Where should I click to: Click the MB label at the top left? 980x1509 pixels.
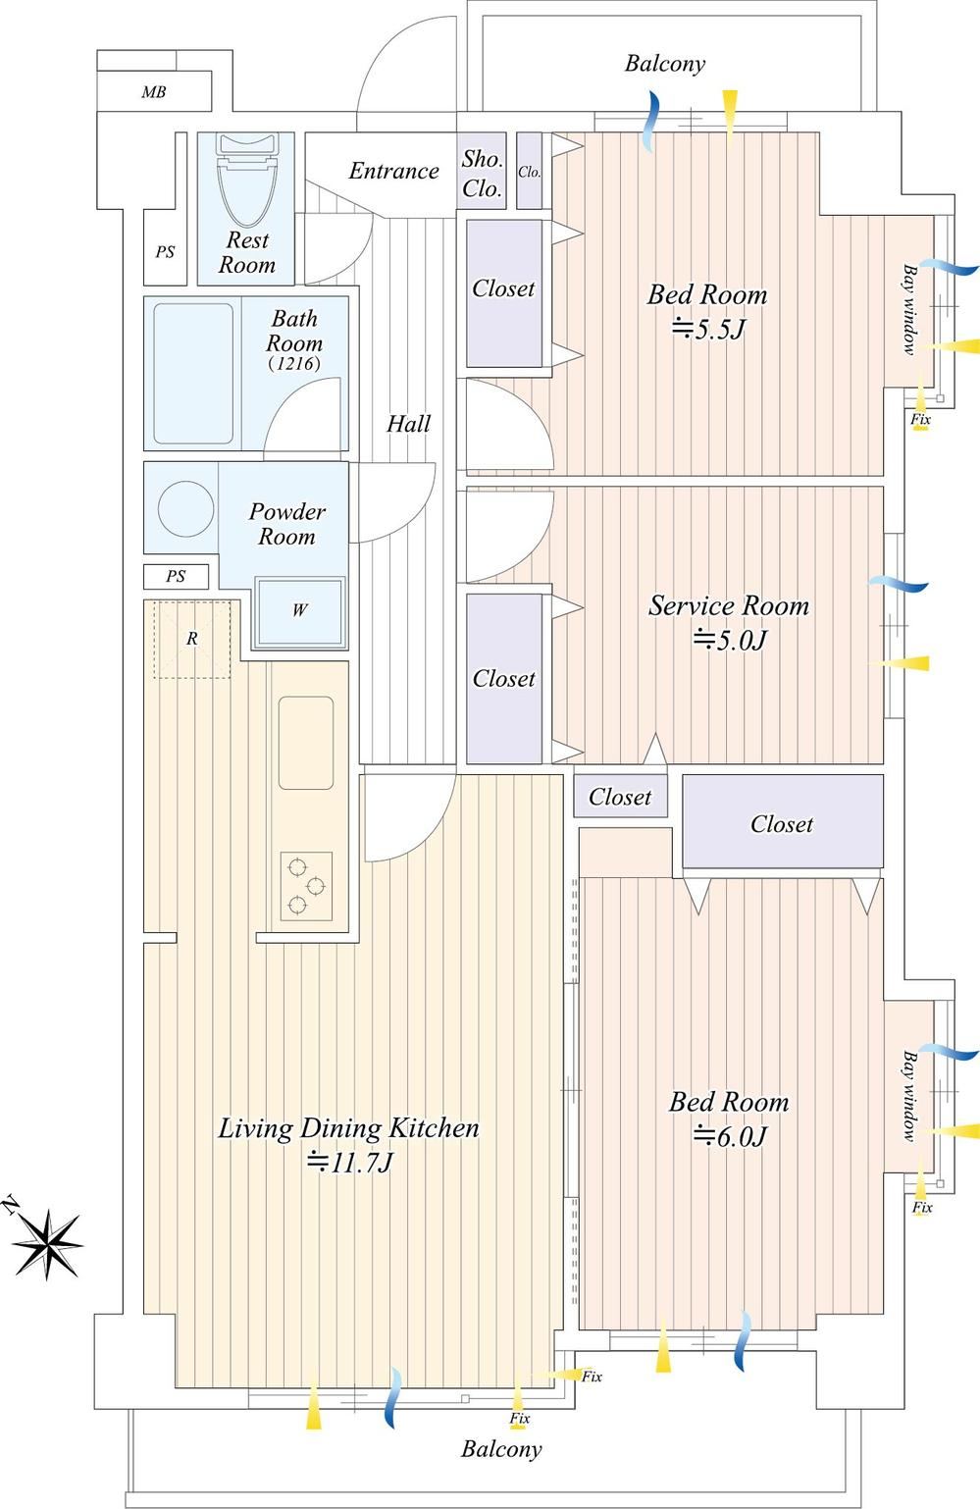pos(154,92)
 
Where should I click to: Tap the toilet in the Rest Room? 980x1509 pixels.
pos(247,180)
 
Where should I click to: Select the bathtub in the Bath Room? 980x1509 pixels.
pos(193,373)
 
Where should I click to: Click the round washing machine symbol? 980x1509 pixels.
pos(186,508)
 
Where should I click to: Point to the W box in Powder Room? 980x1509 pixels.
pos(300,611)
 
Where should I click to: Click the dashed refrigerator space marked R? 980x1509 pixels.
pos(192,639)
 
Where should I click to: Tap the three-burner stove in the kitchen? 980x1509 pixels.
pos(306,886)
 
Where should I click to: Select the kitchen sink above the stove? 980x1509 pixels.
pos(306,743)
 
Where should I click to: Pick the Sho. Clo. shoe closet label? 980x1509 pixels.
pos(483,173)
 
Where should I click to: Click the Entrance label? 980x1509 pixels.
pos(393,171)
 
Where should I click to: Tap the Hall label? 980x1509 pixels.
pos(408,424)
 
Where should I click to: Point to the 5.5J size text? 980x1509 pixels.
pos(708,330)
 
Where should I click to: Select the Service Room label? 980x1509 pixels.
pos(729,605)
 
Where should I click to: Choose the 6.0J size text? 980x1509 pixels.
pos(730,1135)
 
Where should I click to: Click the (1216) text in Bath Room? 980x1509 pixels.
pos(294,364)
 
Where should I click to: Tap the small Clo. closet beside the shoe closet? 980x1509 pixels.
pos(530,171)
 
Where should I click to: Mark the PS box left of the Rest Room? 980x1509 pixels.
pos(165,247)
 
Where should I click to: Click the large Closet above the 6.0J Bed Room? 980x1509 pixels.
pos(783,821)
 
